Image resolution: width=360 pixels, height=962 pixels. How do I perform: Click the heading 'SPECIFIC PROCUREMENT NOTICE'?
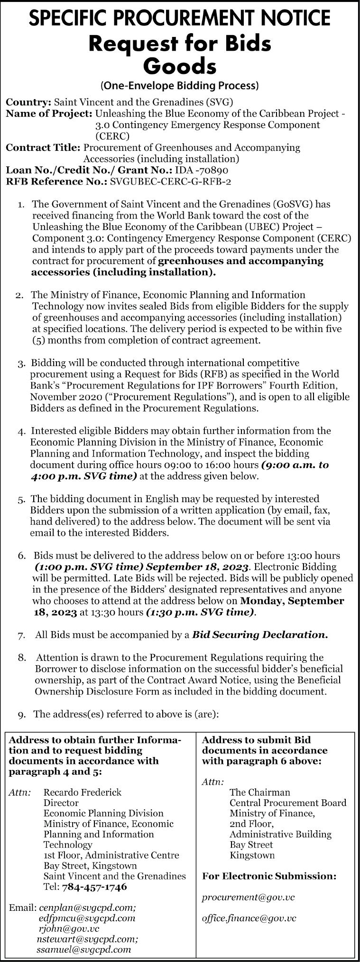180,18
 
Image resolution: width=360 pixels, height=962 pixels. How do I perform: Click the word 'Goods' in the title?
180,66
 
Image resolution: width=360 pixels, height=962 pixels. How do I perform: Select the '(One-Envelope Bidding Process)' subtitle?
180,86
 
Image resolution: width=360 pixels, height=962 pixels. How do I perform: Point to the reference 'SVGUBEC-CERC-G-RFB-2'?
170,181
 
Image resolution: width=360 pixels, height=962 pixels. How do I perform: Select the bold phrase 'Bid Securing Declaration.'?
260,635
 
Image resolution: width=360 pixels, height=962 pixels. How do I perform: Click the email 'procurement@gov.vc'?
248,897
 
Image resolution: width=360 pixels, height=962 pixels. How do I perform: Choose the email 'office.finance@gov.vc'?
249,918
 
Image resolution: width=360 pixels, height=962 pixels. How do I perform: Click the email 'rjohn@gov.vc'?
69,929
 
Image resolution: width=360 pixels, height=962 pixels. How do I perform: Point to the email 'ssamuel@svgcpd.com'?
83,950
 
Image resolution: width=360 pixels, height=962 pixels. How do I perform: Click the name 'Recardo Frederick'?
83,792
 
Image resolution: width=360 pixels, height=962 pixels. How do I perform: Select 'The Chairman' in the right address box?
259,792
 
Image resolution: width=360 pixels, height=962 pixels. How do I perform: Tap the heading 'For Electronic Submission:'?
269,876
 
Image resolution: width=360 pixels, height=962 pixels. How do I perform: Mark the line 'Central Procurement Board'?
288,803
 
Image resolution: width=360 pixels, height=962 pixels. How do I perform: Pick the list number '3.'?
21,364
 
